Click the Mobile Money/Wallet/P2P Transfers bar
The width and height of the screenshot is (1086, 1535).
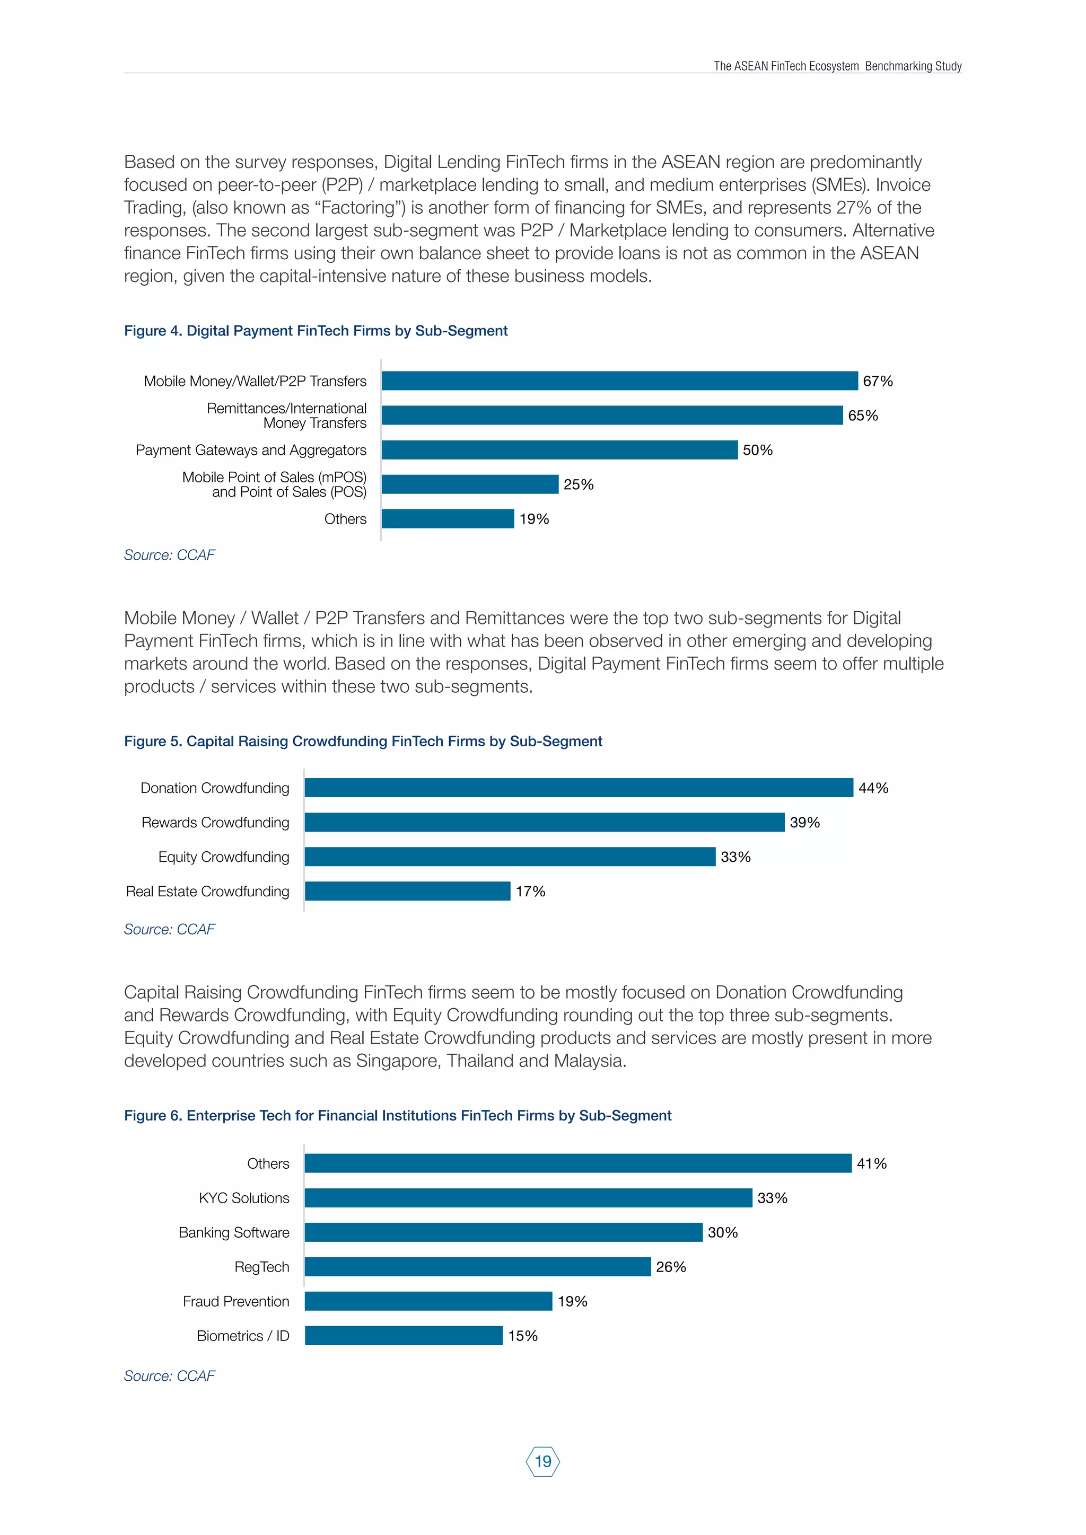[619, 381]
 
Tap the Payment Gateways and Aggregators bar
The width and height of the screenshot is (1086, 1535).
[560, 450]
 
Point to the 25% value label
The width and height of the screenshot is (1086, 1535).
[579, 484]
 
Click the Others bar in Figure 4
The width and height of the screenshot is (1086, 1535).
[448, 519]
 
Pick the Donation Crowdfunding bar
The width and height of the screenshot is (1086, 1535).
[579, 788]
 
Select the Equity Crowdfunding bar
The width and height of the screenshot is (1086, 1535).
[510, 857]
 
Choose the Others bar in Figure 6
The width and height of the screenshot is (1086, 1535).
[578, 1163]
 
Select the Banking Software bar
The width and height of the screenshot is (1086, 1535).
[504, 1232]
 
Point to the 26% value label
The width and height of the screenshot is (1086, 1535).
[671, 1267]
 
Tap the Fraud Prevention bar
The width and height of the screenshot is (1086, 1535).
[428, 1301]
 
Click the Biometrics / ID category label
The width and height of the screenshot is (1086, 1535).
[243, 1336]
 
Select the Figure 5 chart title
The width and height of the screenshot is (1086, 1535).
[363, 741]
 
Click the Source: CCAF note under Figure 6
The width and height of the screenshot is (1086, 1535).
[169, 1376]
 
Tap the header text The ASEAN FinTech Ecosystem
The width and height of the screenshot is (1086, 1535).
[786, 66]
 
